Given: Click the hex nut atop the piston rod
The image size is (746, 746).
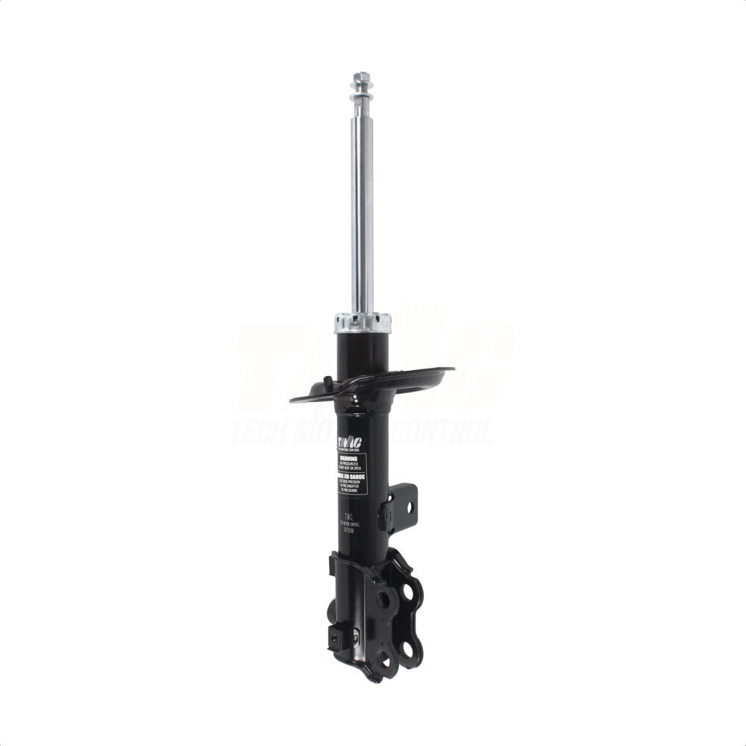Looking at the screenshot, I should click(362, 77).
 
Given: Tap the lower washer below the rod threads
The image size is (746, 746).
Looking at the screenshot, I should click(362, 104).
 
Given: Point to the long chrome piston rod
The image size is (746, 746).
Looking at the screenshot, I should click(362, 209).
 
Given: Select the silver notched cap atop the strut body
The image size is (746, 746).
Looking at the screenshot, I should click(363, 322).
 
